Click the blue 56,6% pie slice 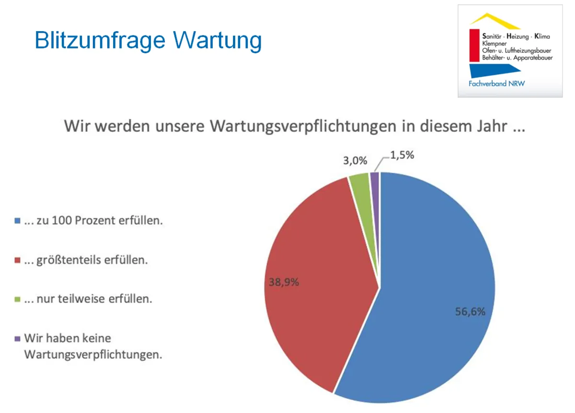431,269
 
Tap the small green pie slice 359,182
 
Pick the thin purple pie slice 375,180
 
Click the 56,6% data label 470,312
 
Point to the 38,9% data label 284,282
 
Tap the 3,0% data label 355,161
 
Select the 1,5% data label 402,156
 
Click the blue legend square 18,222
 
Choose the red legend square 18,260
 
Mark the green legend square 18,299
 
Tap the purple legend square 18,339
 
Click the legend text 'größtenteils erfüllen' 92,260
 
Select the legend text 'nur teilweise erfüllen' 94,299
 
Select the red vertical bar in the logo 474,46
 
